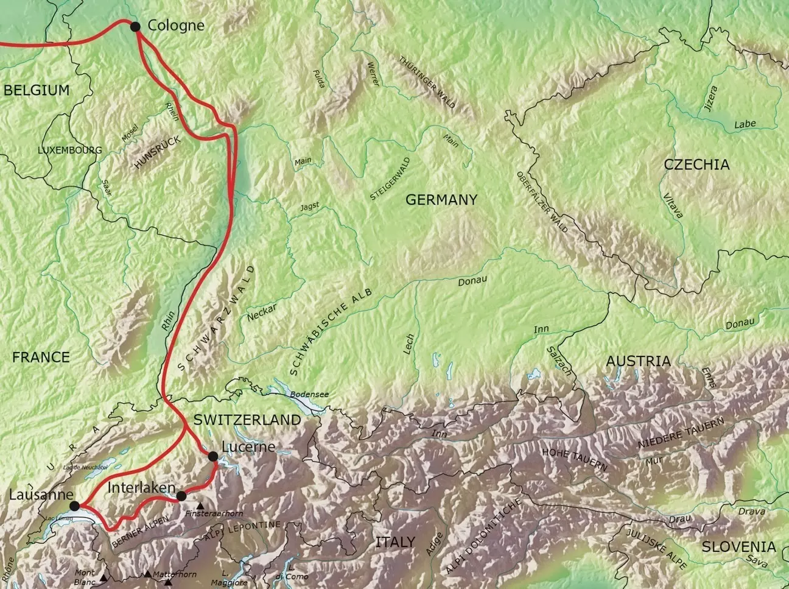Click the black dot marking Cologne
(135, 26)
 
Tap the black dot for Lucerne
(212, 456)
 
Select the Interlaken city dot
(181, 496)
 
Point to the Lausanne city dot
(75, 506)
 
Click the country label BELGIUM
(37, 91)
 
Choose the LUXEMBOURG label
(70, 150)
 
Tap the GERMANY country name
(441, 199)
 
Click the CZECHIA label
(696, 164)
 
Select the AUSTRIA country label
(638, 361)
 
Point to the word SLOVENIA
(738, 547)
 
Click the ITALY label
(395, 541)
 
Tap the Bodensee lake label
(309, 394)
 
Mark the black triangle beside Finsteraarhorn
(200, 506)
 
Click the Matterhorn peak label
(175, 574)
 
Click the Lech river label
(409, 344)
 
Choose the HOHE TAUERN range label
(574, 459)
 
